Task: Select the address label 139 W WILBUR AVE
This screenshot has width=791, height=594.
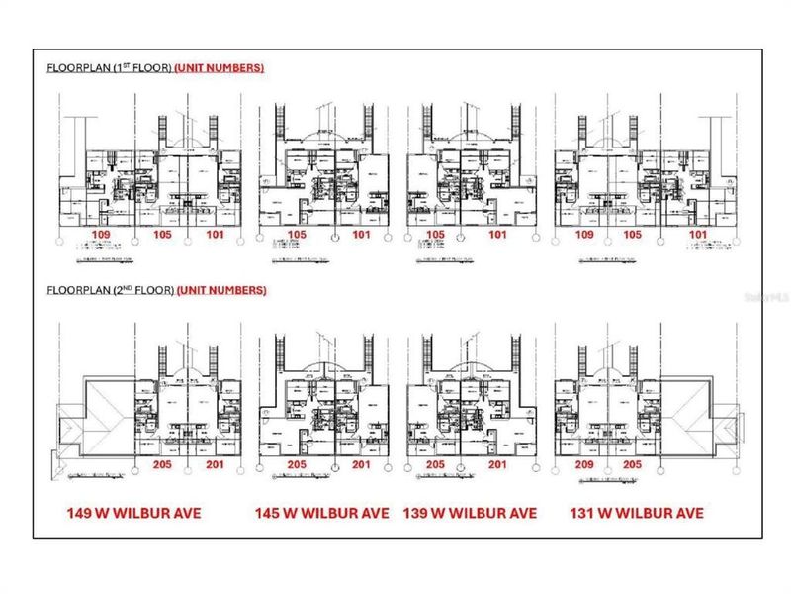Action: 470,513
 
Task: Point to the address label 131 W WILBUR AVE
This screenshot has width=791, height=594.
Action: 637,513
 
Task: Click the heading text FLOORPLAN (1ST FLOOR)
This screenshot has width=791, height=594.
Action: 109,68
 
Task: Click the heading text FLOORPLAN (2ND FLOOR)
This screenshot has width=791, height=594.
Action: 110,291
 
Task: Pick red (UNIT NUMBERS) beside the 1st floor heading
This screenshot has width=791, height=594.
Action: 219,68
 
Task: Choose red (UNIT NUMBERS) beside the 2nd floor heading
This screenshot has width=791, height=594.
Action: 220,291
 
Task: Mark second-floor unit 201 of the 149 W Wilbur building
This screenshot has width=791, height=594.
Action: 215,465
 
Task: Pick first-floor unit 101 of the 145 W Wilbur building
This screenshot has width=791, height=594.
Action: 361,235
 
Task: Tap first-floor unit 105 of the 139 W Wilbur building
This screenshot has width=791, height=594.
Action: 436,235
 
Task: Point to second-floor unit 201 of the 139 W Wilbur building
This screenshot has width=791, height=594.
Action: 496,465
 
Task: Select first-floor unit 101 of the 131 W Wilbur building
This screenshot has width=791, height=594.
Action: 698,235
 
